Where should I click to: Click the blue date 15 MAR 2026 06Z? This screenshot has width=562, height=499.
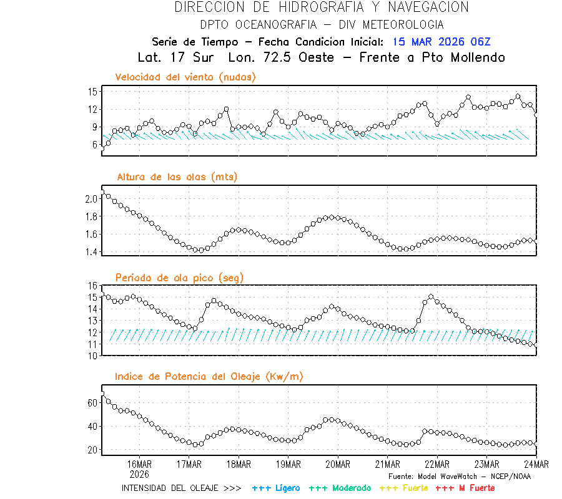(x=441, y=42)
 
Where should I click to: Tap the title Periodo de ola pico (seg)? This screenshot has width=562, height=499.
(x=179, y=277)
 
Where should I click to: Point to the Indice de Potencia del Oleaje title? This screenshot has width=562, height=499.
(x=209, y=377)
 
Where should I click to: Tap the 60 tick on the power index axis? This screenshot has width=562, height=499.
(x=93, y=403)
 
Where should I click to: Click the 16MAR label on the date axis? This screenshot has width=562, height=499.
(x=139, y=464)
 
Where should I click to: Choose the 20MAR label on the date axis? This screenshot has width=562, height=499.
(x=337, y=464)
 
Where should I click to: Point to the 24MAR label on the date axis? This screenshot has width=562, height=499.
(x=536, y=464)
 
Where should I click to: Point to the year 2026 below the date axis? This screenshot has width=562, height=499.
(x=139, y=473)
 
